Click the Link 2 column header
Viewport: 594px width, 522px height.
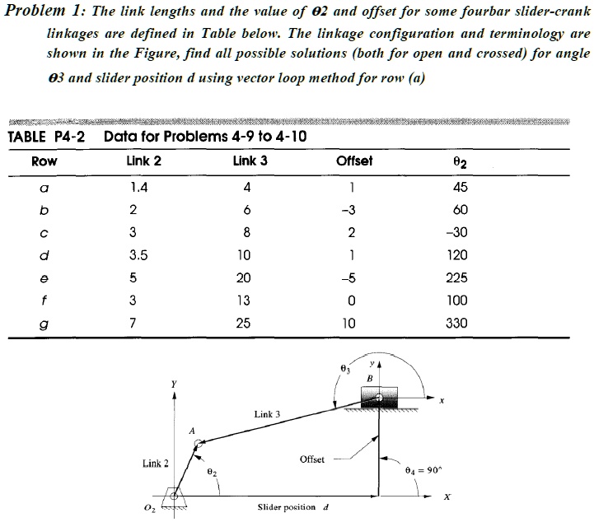coord(145,161)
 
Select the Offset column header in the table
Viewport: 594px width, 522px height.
coord(355,161)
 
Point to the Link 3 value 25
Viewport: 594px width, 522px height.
coord(243,324)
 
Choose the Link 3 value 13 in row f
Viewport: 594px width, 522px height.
coord(243,301)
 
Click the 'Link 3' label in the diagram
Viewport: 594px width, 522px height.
coord(268,413)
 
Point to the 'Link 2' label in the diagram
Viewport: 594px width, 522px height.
coord(156,464)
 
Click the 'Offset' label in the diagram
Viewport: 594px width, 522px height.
coord(312,459)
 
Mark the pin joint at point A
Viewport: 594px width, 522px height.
coord(199,444)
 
